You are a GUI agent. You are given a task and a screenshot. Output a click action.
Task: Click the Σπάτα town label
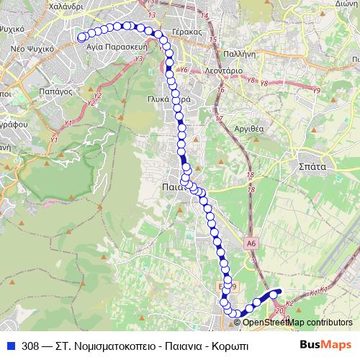click(312, 165)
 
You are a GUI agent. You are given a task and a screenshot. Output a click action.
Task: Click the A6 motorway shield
click(250, 244)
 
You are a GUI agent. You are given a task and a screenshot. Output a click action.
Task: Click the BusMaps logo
click(326, 344)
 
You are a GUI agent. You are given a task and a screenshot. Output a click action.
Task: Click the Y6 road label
click(184, 70)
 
